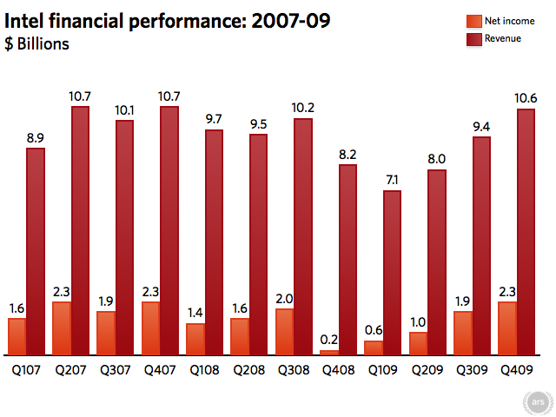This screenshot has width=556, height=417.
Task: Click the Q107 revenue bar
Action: pyautogui.click(x=36, y=252)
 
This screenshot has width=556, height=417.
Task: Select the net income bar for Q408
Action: pyautogui.click(x=329, y=352)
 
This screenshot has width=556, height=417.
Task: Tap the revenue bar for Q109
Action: pyautogui.click(x=392, y=273)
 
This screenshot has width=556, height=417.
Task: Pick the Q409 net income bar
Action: pyautogui.click(x=506, y=328)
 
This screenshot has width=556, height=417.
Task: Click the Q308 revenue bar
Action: pyautogui.click(x=303, y=236)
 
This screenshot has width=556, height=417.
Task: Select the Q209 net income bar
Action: pyautogui.click(x=418, y=343)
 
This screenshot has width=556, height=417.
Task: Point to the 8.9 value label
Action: pyautogui.click(x=36, y=137)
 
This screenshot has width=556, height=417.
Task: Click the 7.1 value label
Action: pyautogui.click(x=392, y=180)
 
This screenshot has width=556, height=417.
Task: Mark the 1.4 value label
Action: pyautogui.click(x=195, y=313)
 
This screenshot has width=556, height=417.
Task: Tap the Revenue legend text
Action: pyautogui.click(x=503, y=38)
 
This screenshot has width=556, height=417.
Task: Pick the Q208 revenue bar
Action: pyautogui.click(x=258, y=244)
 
